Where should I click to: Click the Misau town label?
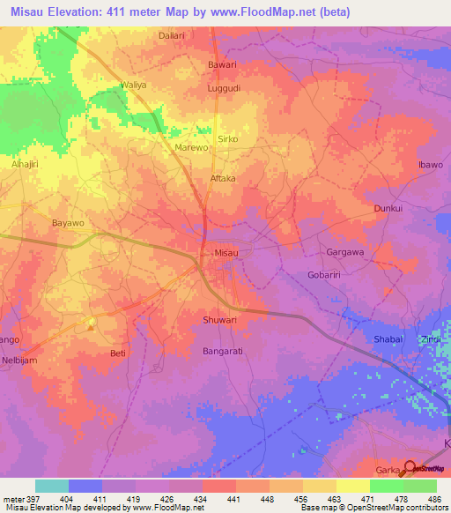click(227, 253)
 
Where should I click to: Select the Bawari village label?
click(221, 64)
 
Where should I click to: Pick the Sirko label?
click(228, 139)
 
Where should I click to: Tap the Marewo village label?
click(191, 148)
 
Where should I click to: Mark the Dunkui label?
click(388, 209)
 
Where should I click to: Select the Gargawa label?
click(345, 251)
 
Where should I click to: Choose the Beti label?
click(117, 353)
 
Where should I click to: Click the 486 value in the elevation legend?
click(435, 498)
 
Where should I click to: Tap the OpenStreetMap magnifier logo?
click(410, 467)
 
